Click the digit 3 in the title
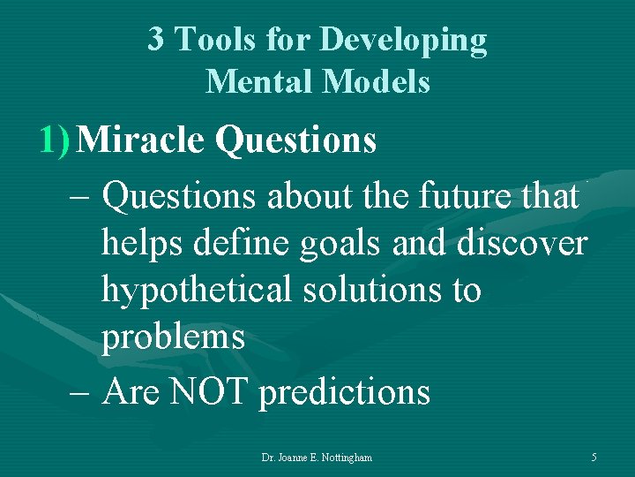pos(155,40)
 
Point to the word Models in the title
pos(377,81)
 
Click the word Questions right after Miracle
pos(295,140)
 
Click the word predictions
pos(344,392)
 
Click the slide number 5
pos(594,458)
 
